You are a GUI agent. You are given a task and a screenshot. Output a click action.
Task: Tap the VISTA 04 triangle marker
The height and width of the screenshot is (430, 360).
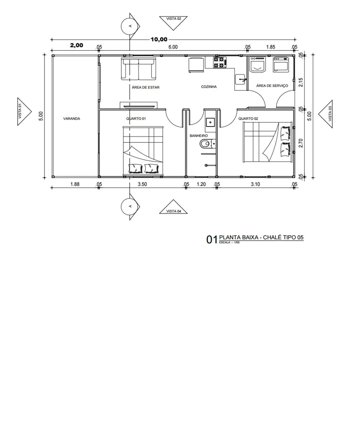(173, 207)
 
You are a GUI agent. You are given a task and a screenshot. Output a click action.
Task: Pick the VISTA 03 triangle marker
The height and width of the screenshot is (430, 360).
(326, 114)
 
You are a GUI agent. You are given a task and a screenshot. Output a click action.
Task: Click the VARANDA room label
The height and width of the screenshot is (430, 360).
(71, 119)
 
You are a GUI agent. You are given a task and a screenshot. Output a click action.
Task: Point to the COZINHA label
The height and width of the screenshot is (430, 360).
(209, 87)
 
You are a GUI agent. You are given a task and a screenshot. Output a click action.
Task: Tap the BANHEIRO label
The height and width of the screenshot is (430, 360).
(198, 136)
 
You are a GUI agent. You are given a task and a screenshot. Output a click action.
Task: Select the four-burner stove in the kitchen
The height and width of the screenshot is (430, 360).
(220, 62)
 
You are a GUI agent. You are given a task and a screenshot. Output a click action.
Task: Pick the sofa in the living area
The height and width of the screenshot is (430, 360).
(138, 69)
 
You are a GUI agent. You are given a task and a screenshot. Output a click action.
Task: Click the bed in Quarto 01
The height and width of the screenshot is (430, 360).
(143, 150)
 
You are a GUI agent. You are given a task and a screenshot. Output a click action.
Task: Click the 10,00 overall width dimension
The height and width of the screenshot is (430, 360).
(159, 39)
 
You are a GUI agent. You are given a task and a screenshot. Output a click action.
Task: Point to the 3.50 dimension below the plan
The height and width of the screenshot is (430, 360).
(142, 184)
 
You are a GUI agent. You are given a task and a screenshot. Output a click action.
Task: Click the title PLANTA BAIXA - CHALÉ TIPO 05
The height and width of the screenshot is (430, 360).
(261, 237)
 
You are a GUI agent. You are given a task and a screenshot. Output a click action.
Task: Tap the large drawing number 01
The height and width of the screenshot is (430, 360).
(212, 240)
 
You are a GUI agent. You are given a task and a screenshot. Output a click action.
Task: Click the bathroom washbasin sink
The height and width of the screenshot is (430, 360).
(210, 121)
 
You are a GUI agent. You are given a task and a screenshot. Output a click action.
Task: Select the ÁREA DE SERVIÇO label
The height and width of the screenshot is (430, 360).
(272, 86)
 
